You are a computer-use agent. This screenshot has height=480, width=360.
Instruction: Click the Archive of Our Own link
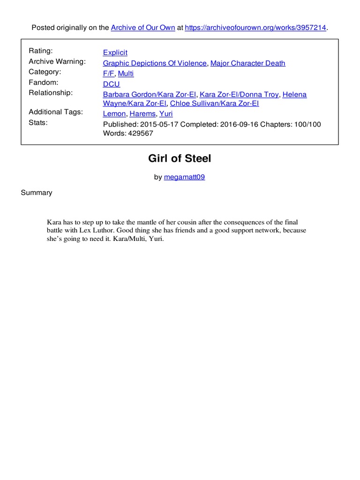[142, 28]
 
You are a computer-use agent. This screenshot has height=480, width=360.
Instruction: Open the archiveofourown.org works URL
[255, 28]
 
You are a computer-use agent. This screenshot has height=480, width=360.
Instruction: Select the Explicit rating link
[115, 52]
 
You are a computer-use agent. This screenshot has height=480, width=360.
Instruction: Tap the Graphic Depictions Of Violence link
[155, 63]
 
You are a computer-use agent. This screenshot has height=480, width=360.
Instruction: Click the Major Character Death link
[247, 63]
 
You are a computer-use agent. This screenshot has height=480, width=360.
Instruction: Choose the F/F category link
[108, 74]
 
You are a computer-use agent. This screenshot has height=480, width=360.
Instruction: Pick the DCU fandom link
[112, 84]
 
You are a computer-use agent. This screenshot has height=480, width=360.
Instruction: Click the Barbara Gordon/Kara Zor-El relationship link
[150, 94]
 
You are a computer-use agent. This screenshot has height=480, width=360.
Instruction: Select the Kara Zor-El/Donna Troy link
[239, 94]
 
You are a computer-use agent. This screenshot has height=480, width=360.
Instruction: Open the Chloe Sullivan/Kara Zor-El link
[214, 103]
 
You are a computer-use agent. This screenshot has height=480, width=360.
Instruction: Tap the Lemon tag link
[114, 113]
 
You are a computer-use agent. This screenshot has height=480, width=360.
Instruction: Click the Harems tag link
[142, 113]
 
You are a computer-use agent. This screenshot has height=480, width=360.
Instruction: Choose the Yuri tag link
[166, 113]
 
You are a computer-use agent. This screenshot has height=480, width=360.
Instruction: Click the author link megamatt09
[184, 177]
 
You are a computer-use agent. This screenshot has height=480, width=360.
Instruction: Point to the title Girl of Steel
[180, 158]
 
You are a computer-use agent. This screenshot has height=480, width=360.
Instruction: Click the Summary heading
[37, 193]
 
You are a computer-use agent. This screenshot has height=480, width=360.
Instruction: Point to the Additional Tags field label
[56, 112]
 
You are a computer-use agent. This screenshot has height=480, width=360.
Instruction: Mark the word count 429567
[140, 133]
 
